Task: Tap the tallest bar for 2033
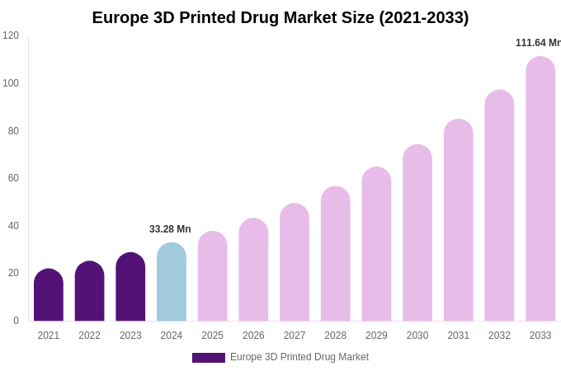(x=540, y=190)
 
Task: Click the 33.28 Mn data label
(x=170, y=229)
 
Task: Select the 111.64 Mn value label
(x=538, y=43)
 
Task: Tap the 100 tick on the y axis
(x=11, y=83)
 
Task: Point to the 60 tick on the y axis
(x=13, y=178)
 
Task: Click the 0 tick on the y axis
(x=16, y=321)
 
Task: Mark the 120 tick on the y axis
(x=11, y=35)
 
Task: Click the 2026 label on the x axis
(x=253, y=336)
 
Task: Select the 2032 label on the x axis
(x=499, y=336)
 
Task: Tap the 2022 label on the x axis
(x=89, y=336)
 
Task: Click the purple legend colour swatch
(x=208, y=358)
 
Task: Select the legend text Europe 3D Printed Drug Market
(x=299, y=357)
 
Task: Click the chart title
(x=280, y=17)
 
